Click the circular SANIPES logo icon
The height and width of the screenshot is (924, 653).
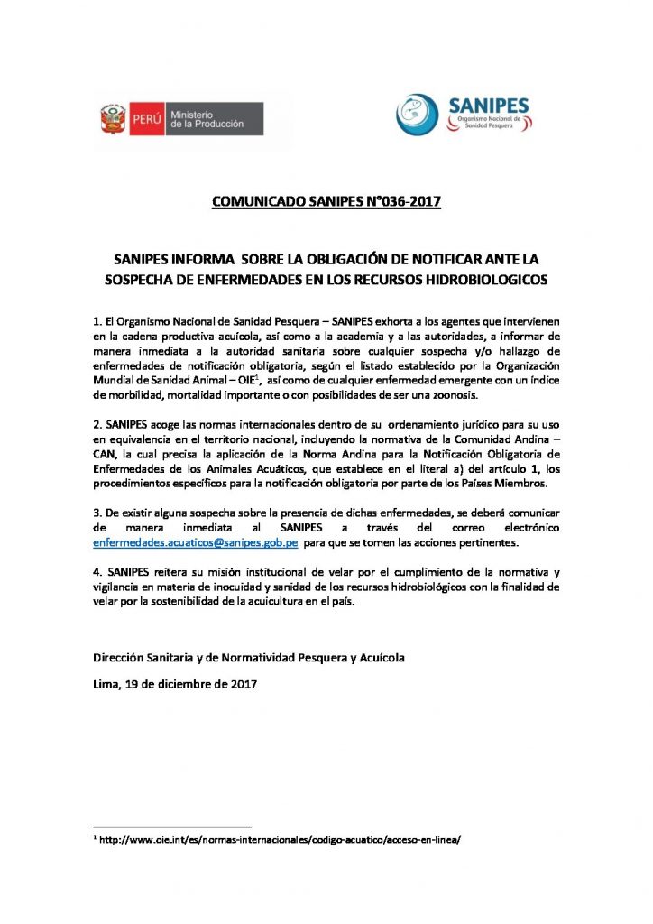418,115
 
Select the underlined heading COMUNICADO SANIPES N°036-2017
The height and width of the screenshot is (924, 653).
326,201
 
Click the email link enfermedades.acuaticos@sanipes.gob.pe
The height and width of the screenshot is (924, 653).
196,545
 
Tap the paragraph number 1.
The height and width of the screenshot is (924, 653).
97,321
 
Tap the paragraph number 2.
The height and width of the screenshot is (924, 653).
97,422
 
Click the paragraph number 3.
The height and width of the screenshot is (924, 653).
97,510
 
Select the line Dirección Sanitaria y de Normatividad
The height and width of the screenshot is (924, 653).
249,658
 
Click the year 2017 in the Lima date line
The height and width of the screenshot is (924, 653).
243,684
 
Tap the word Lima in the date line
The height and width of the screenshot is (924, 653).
106,684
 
